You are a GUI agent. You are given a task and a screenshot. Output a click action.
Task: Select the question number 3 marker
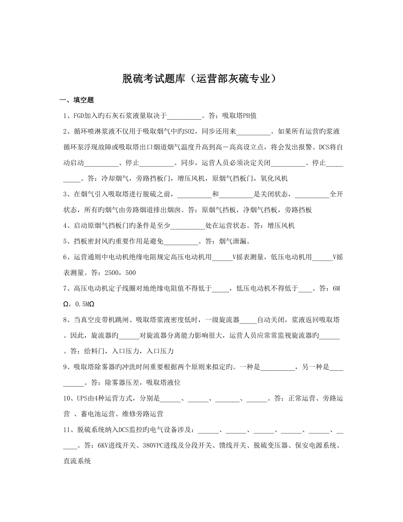pos(66,194)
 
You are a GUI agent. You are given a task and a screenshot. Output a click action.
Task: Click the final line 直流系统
pos(77,461)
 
